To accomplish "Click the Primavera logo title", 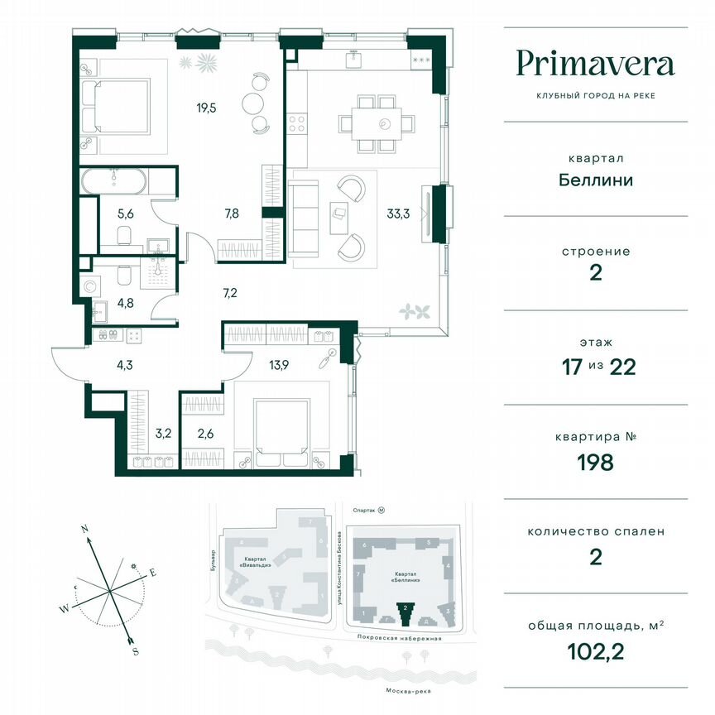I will tap(595, 64).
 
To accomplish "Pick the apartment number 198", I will tap(595, 462).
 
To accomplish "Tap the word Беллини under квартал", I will tap(595, 180).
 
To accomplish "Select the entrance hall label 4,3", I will tap(100, 362).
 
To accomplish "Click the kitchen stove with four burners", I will tap(296, 124).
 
